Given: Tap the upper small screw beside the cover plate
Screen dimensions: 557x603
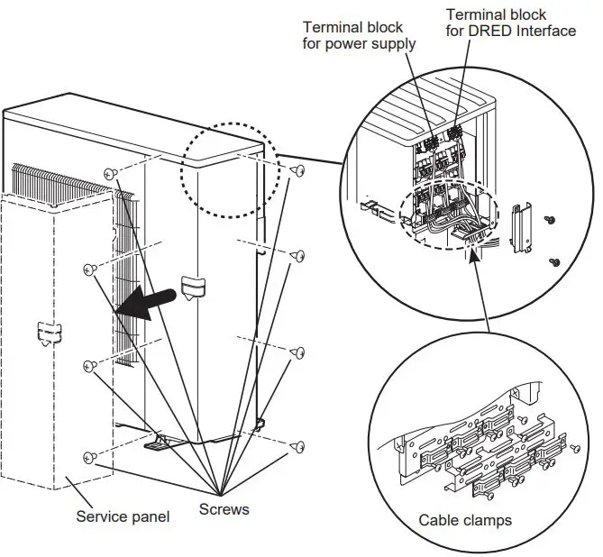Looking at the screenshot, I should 549,218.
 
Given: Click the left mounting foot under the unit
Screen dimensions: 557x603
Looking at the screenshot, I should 155,443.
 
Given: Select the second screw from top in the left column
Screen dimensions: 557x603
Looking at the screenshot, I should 89,268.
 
